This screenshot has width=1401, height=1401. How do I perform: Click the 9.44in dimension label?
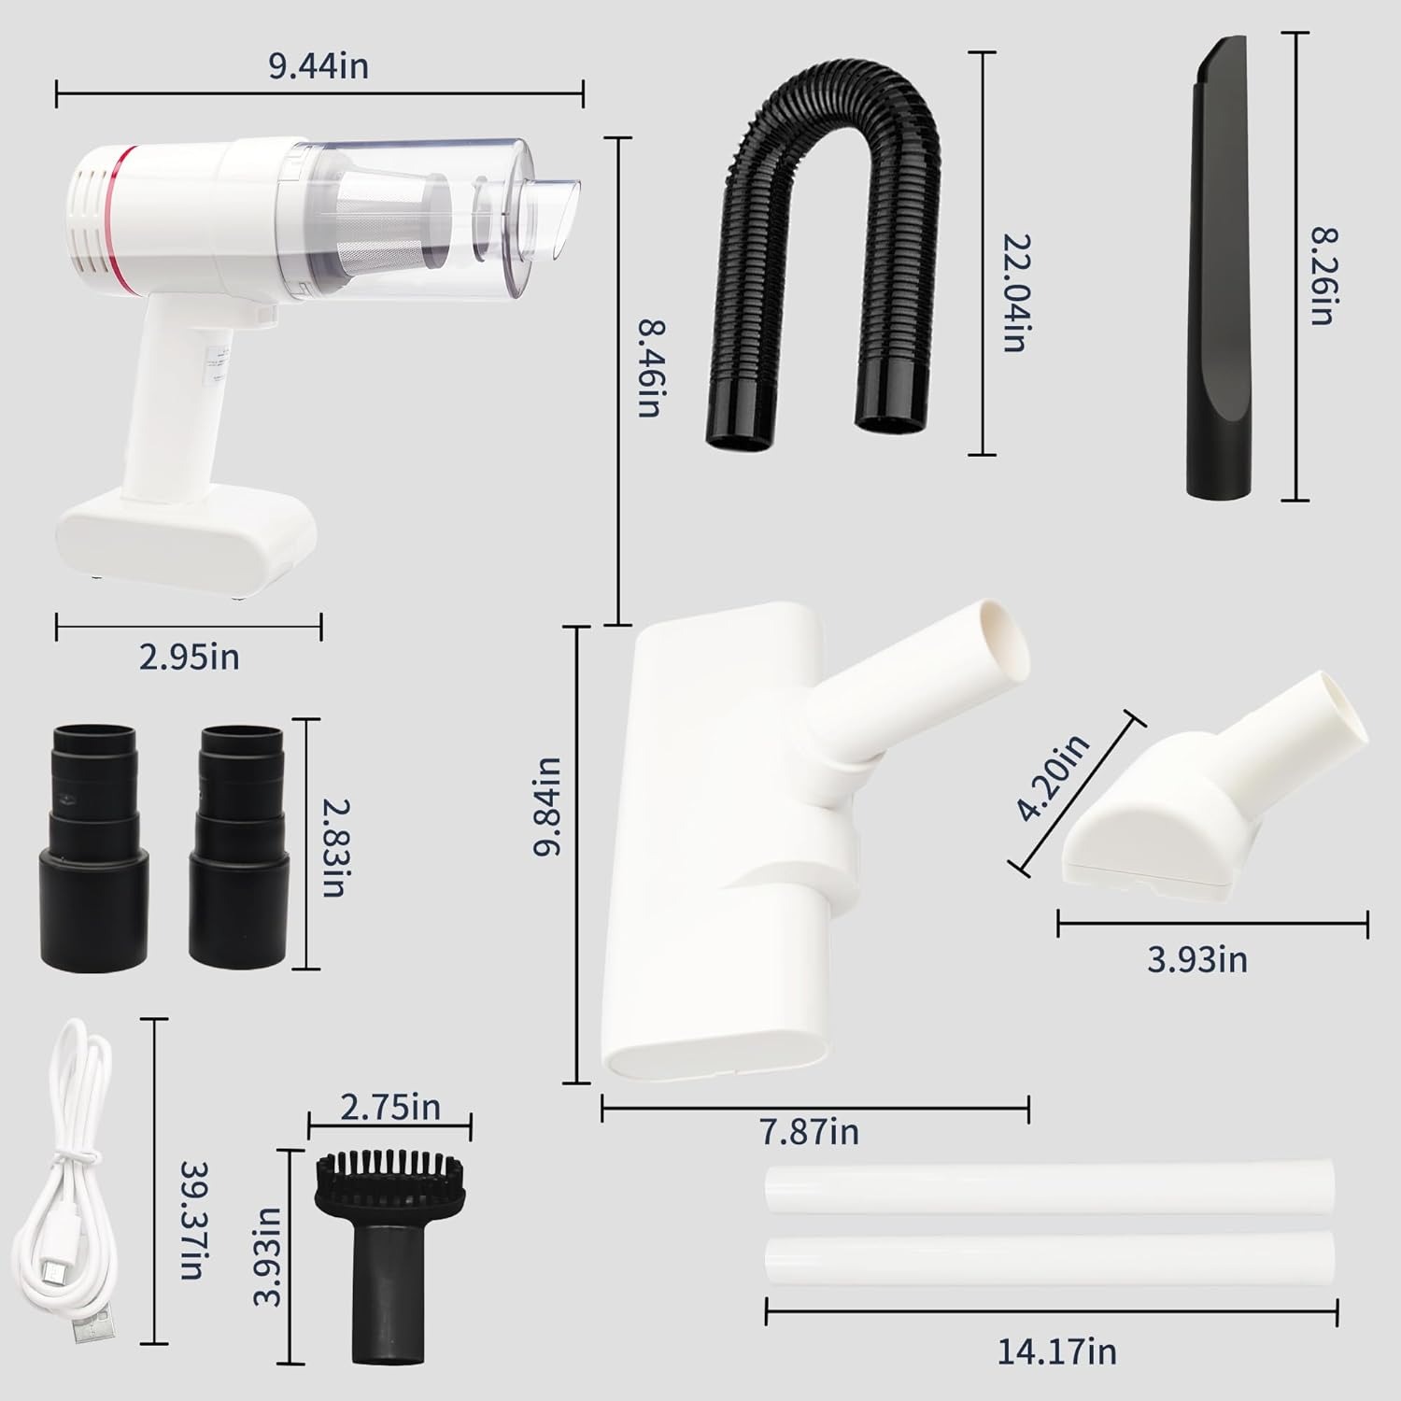pos(318,67)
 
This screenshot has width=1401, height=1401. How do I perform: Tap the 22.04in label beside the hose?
pos(1014,292)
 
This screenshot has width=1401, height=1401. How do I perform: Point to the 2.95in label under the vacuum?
pos(189,658)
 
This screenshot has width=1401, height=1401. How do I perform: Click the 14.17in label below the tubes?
pos(1057,1351)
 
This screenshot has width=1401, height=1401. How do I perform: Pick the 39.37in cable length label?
pos(194,1220)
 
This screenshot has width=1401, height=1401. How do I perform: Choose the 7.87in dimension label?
pos(809,1132)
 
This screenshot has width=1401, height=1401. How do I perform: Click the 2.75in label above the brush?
pos(389,1108)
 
